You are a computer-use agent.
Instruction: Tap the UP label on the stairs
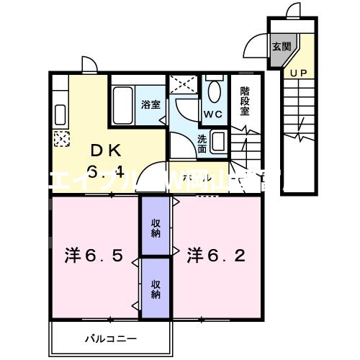coord(297,73)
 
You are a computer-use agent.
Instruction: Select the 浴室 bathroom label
coord(150,104)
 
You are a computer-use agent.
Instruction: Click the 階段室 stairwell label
coord(245,101)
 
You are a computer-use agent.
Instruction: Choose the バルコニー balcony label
coord(111,337)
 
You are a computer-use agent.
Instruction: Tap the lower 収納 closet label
coord(156,289)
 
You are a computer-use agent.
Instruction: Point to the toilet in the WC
coord(214,92)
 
